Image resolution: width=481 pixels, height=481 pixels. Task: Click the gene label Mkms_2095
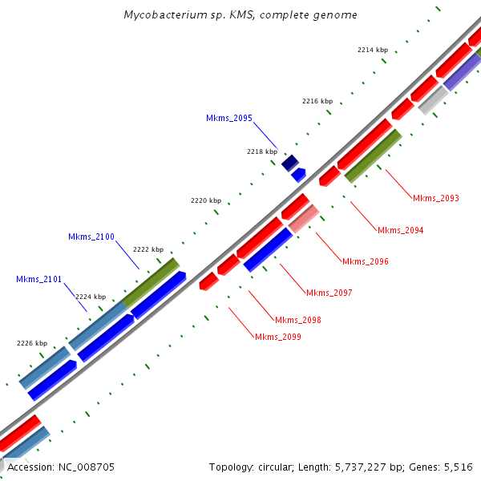click(x=229, y=118)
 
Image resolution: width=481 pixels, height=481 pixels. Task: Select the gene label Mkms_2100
click(x=91, y=236)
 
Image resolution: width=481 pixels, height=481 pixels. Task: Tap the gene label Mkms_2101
click(x=38, y=279)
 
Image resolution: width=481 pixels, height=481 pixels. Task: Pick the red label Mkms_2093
click(x=436, y=198)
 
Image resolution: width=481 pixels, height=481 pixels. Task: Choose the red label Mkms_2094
click(x=400, y=230)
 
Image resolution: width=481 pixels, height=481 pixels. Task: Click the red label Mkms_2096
click(x=365, y=261)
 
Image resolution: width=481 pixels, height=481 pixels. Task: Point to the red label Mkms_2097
click(x=329, y=293)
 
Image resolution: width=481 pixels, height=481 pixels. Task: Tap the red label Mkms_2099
click(x=278, y=337)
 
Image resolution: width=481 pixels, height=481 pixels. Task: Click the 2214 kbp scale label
click(x=372, y=50)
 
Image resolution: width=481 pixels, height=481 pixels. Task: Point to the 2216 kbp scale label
click(x=317, y=101)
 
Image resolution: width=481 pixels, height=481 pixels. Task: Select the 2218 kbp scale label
click(x=262, y=151)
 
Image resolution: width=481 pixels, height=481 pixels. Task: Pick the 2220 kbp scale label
click(x=205, y=200)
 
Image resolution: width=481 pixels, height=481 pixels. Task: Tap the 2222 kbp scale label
click(x=148, y=249)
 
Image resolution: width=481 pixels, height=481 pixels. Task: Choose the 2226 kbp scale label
click(x=32, y=343)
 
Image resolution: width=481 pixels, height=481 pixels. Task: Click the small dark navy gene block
click(x=290, y=163)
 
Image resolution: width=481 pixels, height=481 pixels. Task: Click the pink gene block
click(x=304, y=218)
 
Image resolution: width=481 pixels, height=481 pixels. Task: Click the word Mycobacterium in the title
click(x=161, y=15)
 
